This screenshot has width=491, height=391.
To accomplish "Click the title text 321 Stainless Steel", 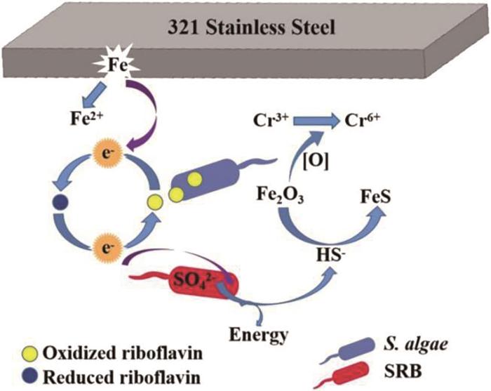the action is click(251, 27).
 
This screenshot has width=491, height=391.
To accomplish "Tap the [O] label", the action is click(316, 163).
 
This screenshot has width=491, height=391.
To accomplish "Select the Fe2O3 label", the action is click(280, 195).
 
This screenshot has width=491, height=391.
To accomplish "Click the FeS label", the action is click(375, 197).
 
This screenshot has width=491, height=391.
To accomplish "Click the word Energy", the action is click(259, 336).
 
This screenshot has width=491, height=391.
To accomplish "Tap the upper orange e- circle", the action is click(107, 154).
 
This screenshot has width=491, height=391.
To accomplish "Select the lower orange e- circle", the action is click(107, 248).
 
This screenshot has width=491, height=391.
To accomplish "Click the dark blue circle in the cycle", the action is click(60, 201).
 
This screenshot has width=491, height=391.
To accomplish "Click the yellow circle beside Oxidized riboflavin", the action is click(31, 354).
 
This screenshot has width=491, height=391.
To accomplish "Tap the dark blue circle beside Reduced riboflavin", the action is click(31, 376).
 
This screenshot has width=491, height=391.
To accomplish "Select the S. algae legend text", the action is click(415, 345).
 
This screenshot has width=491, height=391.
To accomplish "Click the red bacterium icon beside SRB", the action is click(348, 374).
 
